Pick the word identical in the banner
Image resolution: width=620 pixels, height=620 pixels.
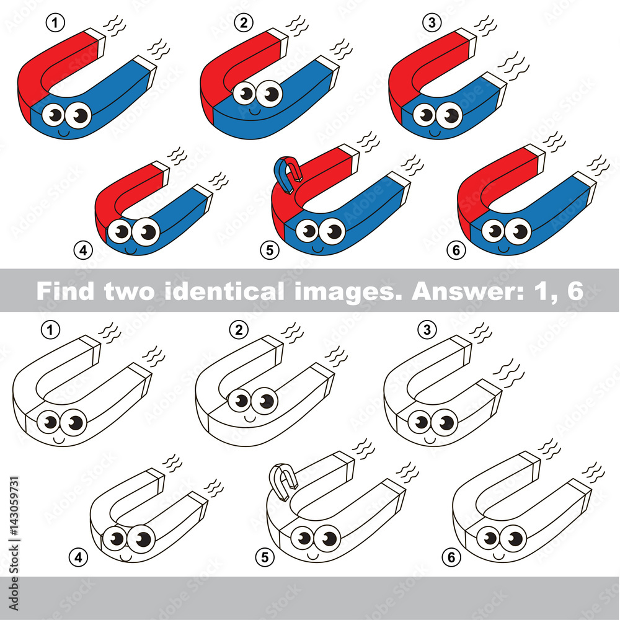coord(212,291)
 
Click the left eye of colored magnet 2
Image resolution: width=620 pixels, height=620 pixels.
coord(246,94)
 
